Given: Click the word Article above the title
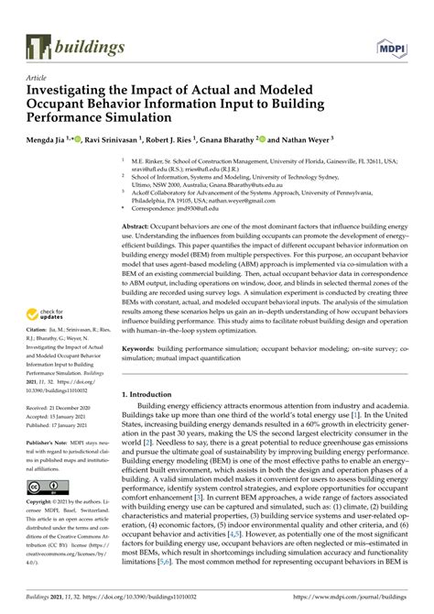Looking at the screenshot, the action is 38,80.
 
